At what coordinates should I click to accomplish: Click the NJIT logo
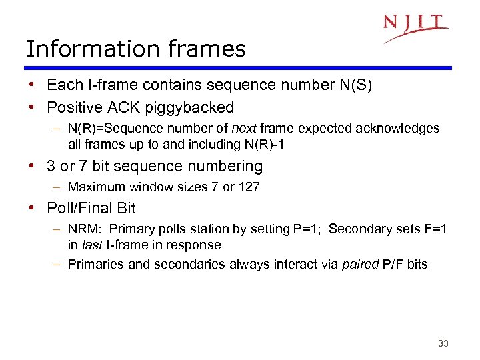[x=415, y=27]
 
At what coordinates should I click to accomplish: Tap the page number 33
[x=443, y=343]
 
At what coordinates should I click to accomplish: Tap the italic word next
[x=244, y=128]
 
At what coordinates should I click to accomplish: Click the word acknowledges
[x=402, y=128]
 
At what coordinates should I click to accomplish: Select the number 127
[x=249, y=187]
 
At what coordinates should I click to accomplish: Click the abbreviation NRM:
[x=85, y=229]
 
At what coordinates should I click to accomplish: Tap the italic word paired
[x=359, y=264]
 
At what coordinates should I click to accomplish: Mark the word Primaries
[x=96, y=264]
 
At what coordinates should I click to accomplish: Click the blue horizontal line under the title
[x=238, y=67]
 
